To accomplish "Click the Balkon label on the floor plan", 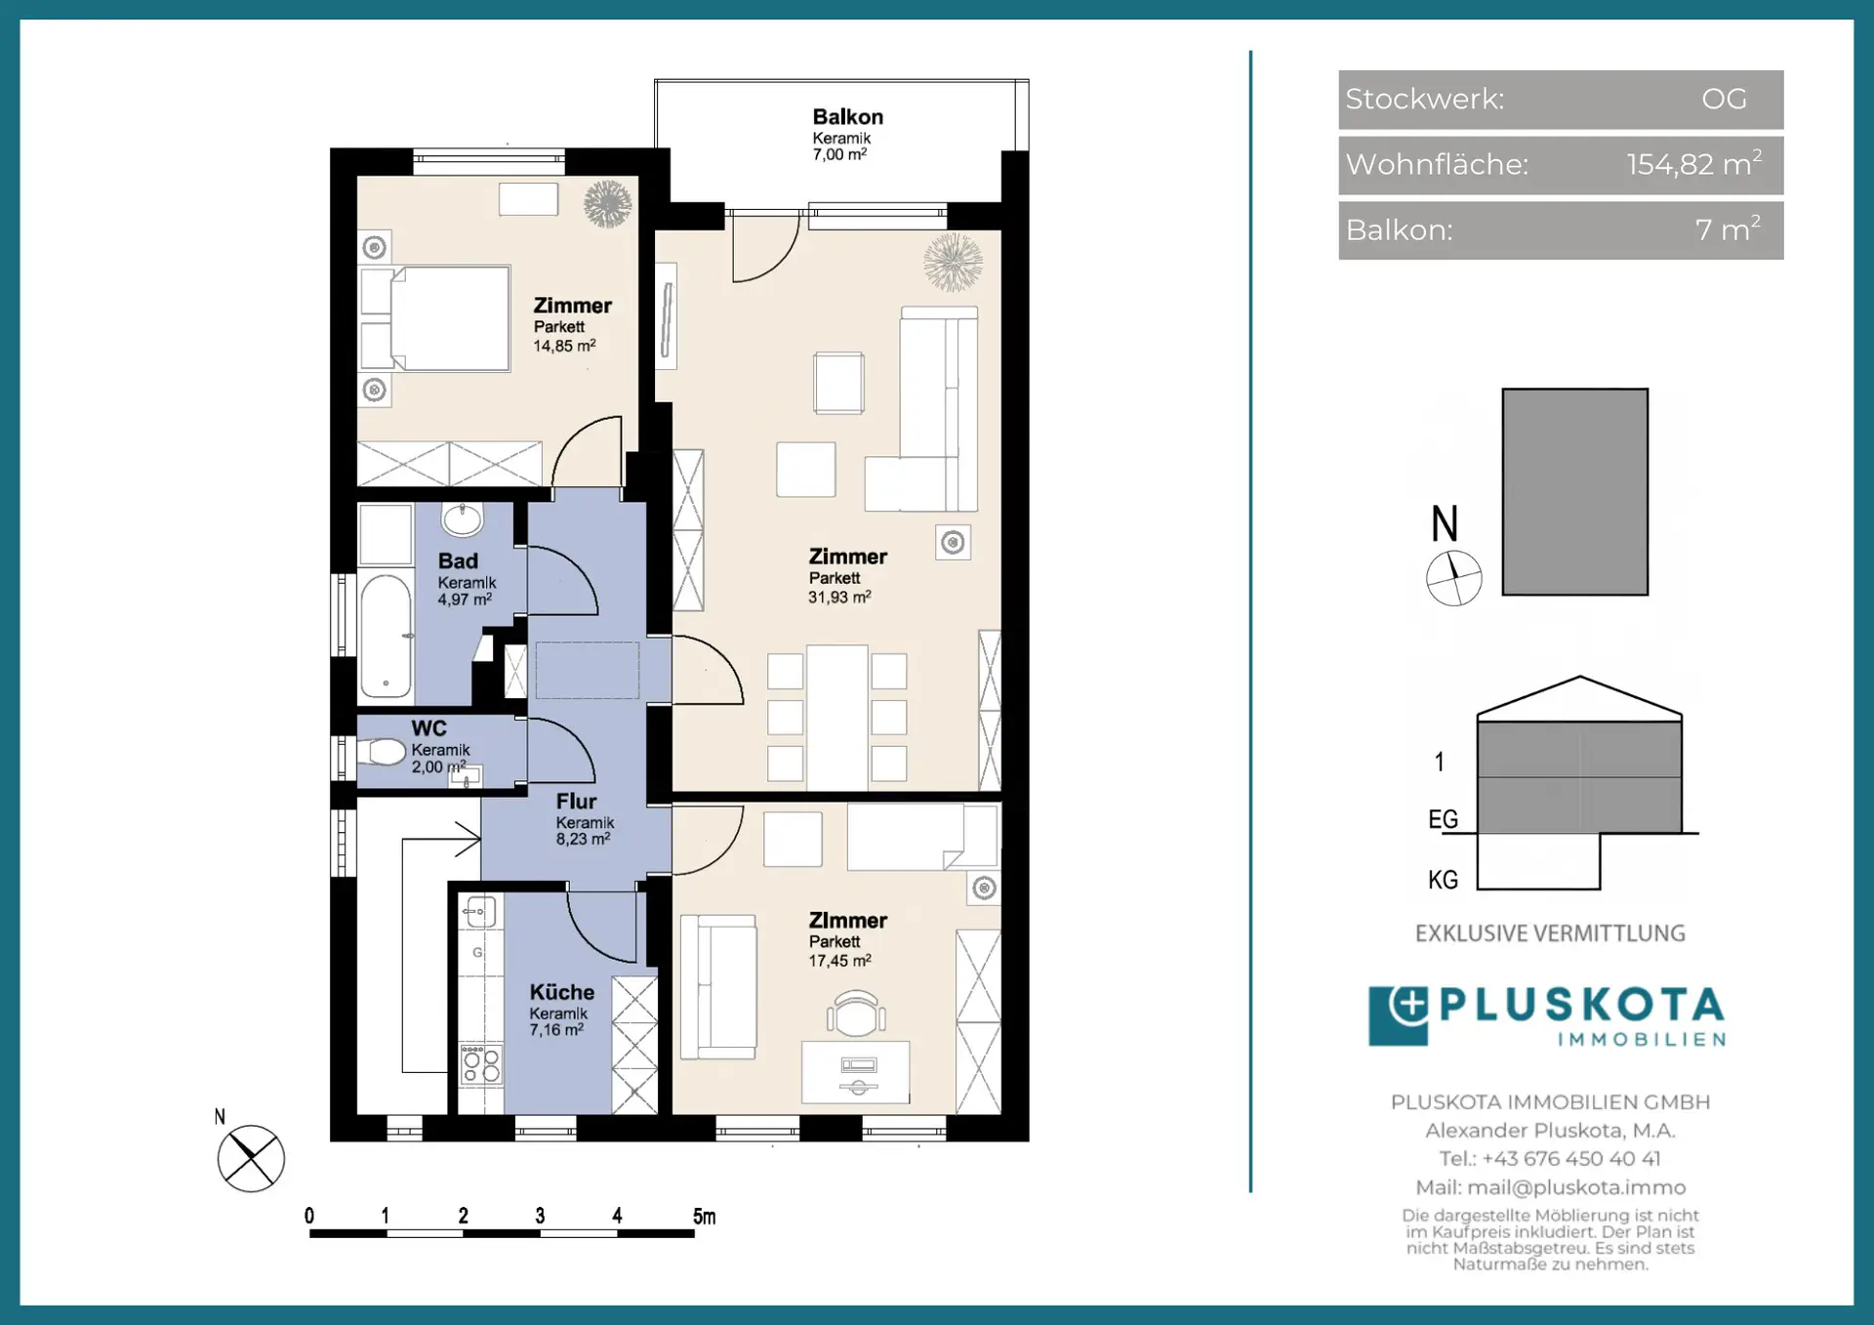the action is click(847, 116).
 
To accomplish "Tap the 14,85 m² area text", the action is click(564, 346).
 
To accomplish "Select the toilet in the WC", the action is click(383, 752).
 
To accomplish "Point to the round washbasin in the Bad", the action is click(463, 519).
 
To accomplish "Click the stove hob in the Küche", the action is click(481, 1064).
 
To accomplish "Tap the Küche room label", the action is click(561, 992).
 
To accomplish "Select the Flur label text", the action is click(576, 802).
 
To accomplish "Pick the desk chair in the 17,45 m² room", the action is click(856, 1013).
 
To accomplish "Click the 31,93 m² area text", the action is click(839, 597).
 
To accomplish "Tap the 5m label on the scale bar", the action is click(704, 1217).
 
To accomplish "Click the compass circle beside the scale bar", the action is click(251, 1159).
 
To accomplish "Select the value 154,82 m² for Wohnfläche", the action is click(1693, 163).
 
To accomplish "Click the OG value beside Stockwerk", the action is click(1724, 99).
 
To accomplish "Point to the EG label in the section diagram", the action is click(1443, 819).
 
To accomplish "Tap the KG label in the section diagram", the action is click(1443, 880).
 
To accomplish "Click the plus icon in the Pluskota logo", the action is click(1408, 1006).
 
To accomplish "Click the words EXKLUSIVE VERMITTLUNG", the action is click(1550, 933).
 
